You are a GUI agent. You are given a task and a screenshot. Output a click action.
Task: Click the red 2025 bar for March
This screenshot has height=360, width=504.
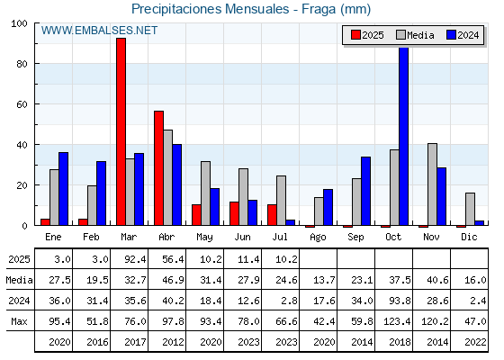pos(121,131)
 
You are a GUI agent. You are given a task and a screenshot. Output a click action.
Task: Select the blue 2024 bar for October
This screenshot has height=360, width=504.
pos(403,136)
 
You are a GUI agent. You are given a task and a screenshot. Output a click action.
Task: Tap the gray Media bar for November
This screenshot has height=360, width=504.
pos(432,184)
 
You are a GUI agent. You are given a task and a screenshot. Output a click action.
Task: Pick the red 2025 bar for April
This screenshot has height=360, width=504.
pos(158,168)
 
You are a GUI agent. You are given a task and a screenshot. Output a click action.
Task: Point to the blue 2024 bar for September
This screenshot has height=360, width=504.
pos(365,191)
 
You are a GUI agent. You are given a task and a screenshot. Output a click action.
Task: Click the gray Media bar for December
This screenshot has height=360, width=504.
pos(470,209)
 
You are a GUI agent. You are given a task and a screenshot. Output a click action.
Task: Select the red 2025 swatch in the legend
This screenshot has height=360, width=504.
pos(355,35)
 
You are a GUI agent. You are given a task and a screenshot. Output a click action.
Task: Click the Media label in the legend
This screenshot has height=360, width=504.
pos(420,35)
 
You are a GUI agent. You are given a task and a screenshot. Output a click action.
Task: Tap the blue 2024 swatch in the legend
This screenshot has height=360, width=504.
pos(451,35)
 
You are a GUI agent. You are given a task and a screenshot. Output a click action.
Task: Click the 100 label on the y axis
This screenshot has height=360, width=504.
pos(19,23)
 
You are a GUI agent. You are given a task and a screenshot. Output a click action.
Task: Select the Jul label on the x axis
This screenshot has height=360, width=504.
pos(280,237)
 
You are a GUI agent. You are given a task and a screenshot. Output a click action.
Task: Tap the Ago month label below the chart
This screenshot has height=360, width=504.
pos(318,238)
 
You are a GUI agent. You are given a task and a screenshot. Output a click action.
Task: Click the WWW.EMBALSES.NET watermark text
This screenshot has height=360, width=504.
pos(99,31)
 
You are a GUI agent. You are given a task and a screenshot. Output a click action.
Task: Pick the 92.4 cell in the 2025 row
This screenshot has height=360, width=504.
pos(135,259)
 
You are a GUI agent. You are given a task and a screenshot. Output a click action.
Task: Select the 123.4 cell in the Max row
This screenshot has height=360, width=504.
pos(397,321)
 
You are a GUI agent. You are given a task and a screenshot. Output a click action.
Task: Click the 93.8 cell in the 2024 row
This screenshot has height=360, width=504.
pos(400,301)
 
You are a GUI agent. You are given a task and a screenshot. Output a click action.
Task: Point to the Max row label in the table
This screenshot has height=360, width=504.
pos(19,321)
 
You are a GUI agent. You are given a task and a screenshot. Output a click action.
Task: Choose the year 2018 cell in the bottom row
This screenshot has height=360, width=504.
pos(400,342)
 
